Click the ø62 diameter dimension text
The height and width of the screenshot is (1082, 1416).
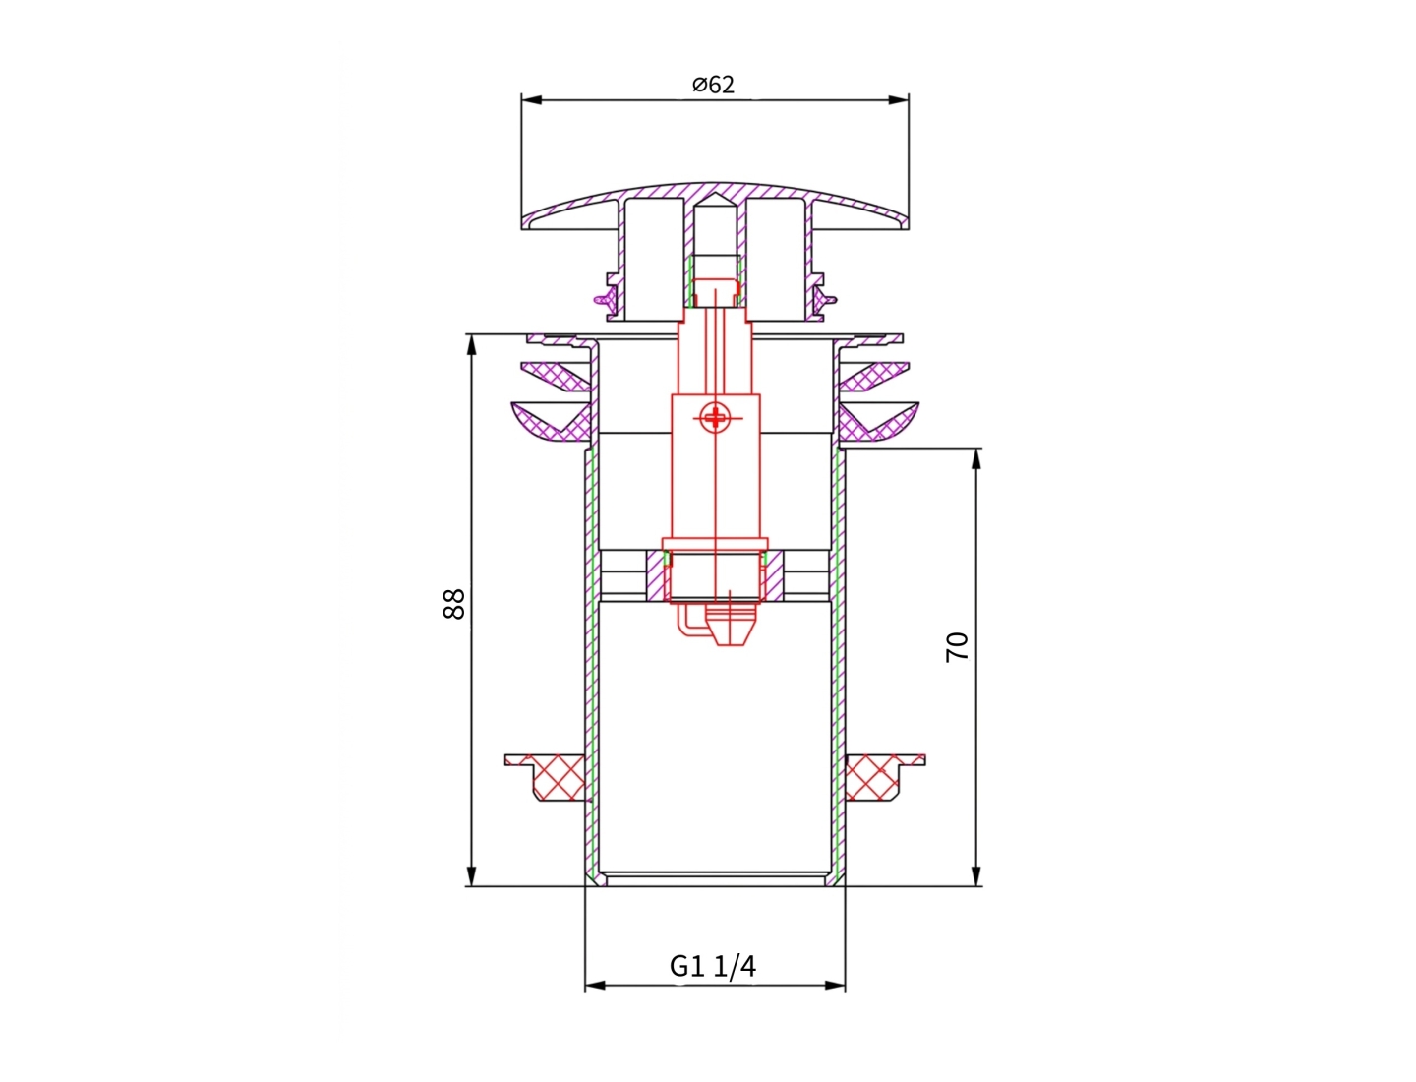tap(713, 85)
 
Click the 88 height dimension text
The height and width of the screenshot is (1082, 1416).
tap(453, 603)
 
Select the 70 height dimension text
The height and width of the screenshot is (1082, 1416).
tap(957, 646)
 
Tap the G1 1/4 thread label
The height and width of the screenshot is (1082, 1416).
tap(713, 966)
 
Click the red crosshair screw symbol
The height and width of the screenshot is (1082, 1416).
tap(715, 419)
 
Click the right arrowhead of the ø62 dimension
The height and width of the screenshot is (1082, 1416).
tap(899, 99)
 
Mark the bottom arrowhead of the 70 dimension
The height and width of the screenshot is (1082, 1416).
tap(975, 876)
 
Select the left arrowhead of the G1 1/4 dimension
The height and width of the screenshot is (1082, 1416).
tap(595, 985)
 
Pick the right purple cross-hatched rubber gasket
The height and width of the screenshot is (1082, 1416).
tap(875, 398)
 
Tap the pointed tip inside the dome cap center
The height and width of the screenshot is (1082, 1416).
tap(715, 200)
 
